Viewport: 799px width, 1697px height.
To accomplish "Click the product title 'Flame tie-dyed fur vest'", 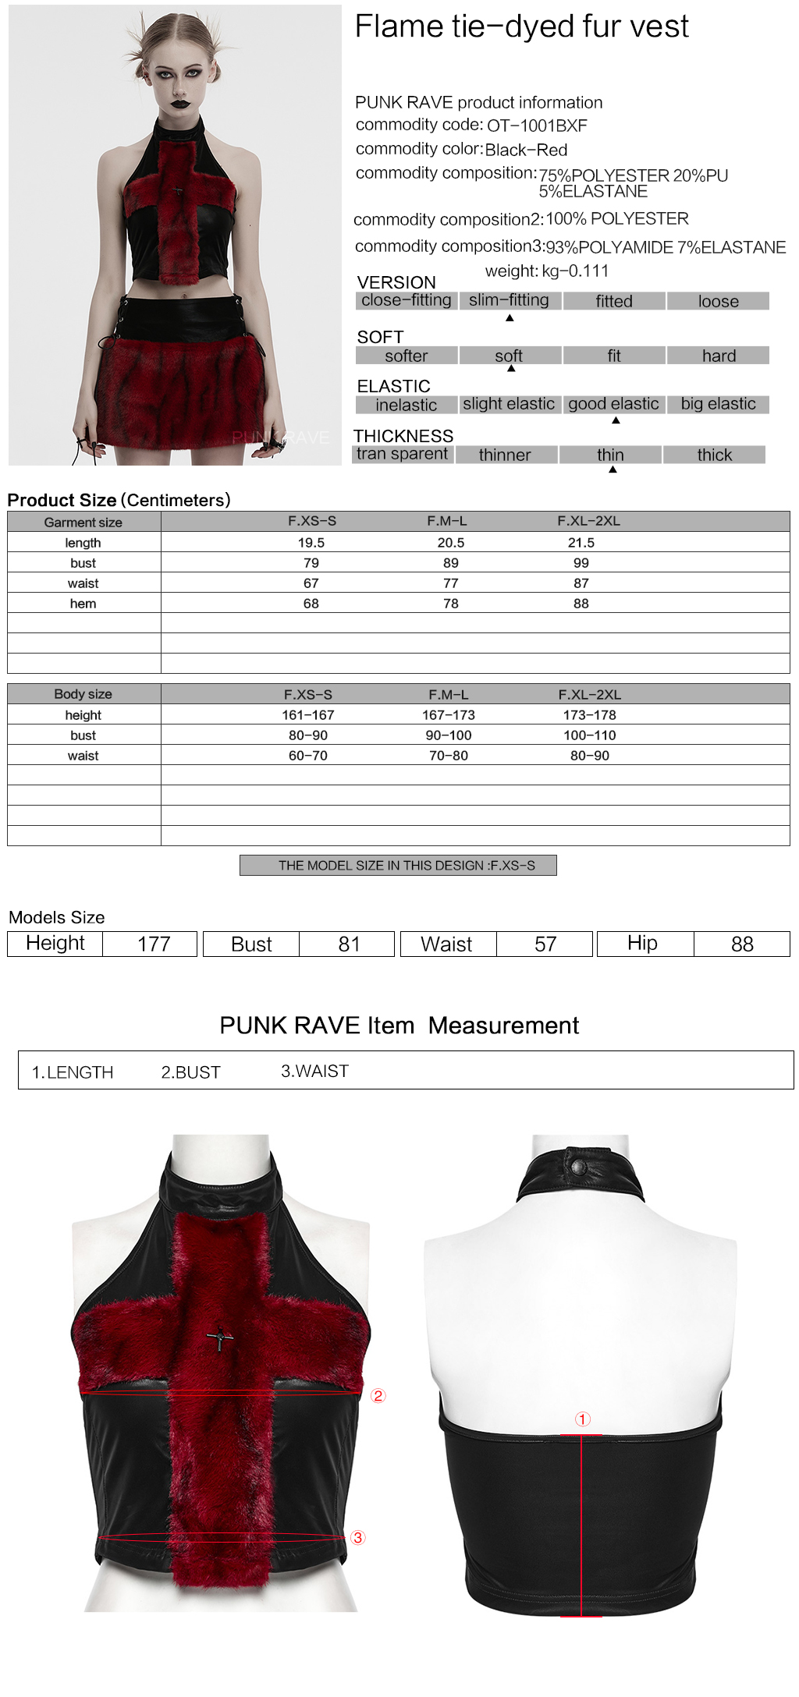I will coord(521,27).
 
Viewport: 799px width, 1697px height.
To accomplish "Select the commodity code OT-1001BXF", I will coord(537,126).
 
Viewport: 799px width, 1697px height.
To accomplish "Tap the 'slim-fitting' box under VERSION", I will coord(509,300).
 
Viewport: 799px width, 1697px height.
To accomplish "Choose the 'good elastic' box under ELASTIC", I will coord(613,404).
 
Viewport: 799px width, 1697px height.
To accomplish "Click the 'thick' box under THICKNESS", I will coord(714,455).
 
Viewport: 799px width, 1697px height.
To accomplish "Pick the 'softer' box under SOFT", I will coord(406,356).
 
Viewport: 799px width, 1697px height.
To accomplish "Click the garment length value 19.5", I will coord(311,543).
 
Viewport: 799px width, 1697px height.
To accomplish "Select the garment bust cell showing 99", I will coord(581,563).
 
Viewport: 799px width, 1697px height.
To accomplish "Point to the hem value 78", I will coord(450,604).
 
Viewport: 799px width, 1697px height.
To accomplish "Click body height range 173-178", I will coord(589,715).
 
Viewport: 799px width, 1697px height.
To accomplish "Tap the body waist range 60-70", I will coord(308,756).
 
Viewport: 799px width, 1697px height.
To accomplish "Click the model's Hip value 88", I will coord(741,944).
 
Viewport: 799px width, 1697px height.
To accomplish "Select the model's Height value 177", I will coord(154,944).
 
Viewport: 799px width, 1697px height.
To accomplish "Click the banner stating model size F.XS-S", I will coord(398,866).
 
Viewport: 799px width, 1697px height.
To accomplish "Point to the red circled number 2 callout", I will coord(378,1396).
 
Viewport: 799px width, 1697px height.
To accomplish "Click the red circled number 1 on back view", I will coord(583,1419).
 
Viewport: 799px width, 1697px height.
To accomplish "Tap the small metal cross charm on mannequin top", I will coord(220,1339).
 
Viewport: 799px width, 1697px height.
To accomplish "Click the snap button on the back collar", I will coord(578,1167).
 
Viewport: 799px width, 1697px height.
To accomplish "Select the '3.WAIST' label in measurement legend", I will coord(314,1071).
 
